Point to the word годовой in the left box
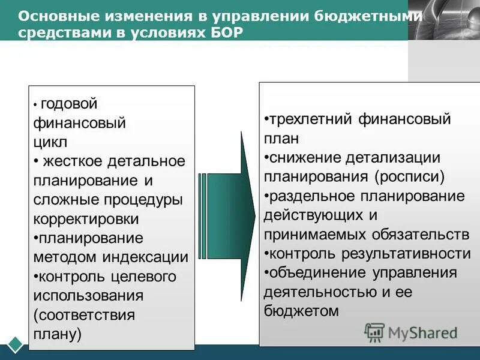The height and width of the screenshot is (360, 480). (68, 104)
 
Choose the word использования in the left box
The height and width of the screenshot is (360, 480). (89, 296)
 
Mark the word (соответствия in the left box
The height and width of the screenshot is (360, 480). (84, 315)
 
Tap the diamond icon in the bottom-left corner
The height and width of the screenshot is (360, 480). (15, 345)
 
